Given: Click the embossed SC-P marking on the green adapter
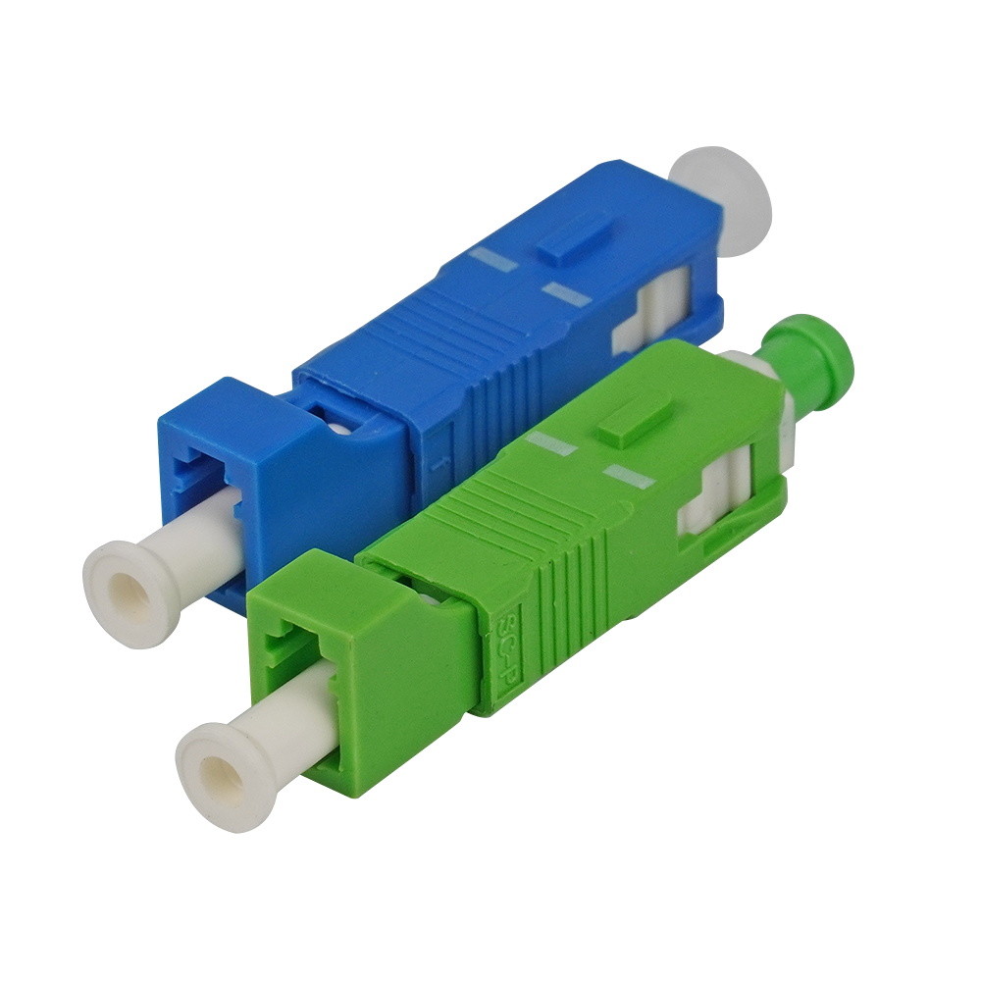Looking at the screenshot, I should point(508,643).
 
